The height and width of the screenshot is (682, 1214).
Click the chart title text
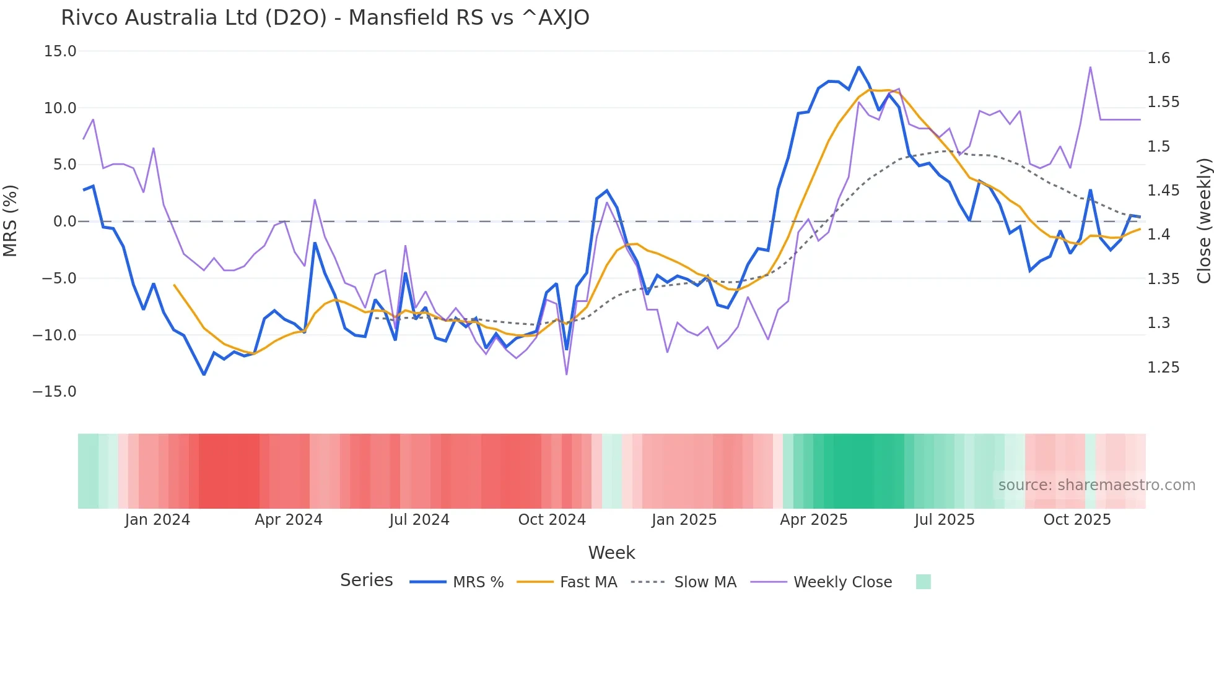(325, 18)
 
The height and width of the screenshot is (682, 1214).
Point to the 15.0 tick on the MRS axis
(60, 51)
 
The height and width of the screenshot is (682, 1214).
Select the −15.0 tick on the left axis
(55, 392)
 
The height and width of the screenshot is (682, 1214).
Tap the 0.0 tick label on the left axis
(64, 222)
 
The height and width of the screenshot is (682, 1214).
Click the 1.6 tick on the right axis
(1158, 58)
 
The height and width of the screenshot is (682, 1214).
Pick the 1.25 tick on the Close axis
(1163, 368)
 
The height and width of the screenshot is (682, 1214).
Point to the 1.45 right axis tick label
(1163, 191)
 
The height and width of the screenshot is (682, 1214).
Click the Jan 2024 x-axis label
(157, 520)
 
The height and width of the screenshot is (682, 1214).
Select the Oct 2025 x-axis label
(1076, 520)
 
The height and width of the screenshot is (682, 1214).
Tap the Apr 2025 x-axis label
(813, 520)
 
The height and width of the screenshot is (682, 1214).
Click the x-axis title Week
(611, 553)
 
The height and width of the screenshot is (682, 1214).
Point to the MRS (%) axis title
(11, 221)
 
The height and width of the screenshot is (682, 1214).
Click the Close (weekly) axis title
(1203, 221)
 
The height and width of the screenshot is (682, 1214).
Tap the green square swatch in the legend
(923, 582)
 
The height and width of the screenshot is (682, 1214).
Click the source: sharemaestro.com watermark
(1096, 485)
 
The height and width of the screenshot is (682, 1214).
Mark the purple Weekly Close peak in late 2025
(1090, 67)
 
